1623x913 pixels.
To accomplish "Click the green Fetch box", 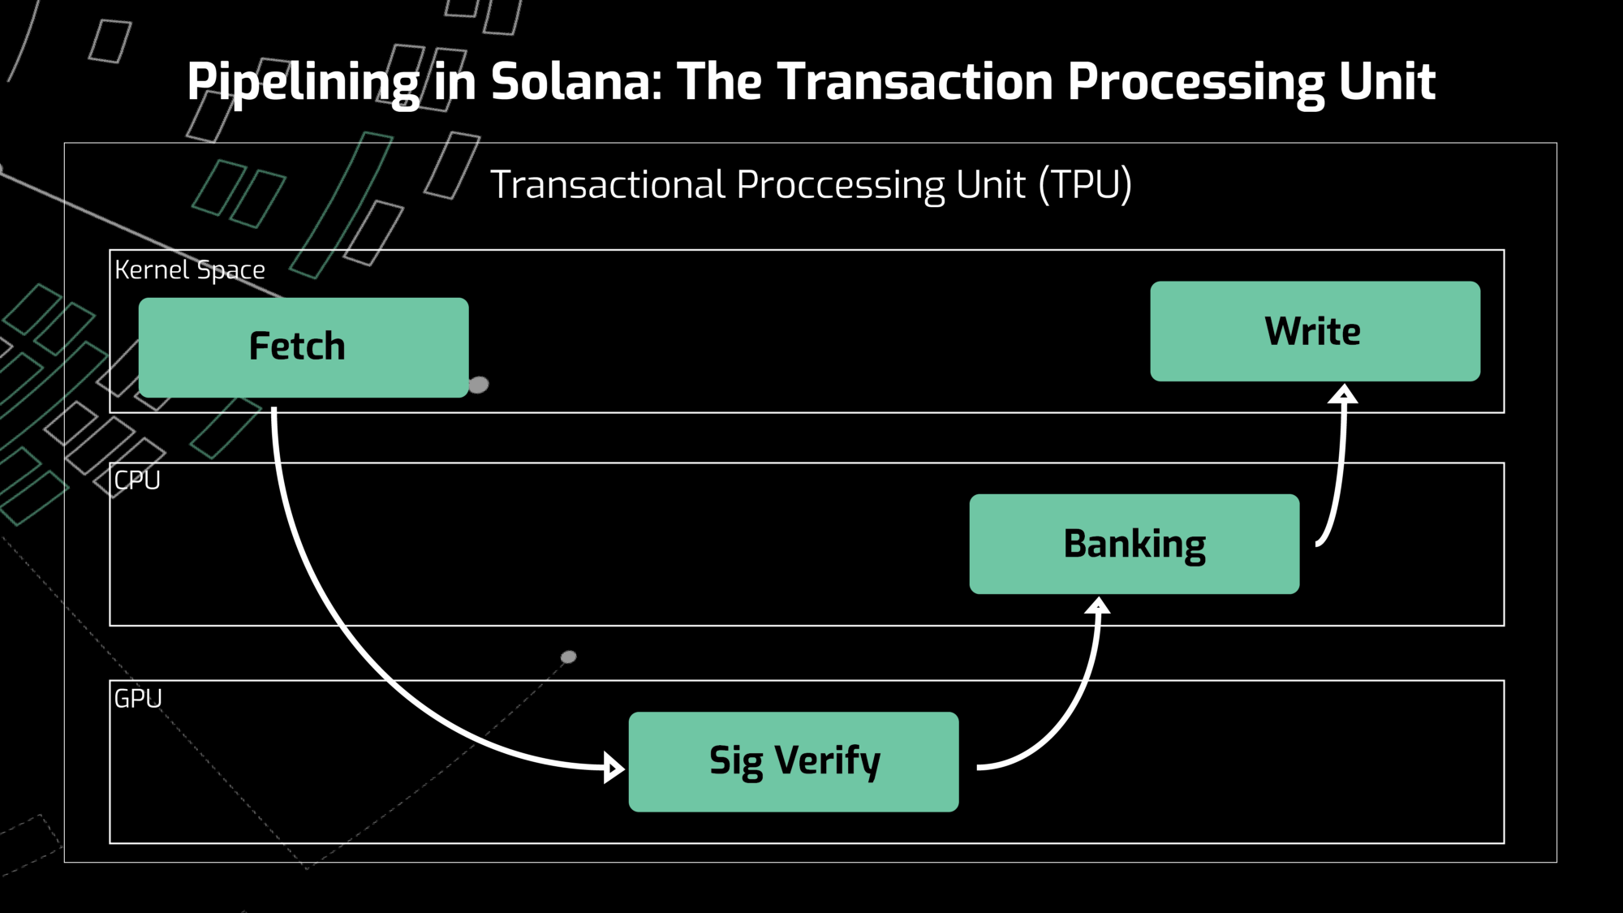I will [304, 347].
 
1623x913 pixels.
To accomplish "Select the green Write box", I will [1315, 331].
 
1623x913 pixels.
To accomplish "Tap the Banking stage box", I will [1134, 544].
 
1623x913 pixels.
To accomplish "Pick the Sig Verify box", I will [793, 761].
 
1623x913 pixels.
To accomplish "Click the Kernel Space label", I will [190, 269].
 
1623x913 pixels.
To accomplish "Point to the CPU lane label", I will [137, 480].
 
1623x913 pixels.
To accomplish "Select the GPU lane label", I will [138, 699].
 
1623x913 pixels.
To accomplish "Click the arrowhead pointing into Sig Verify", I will [614, 767].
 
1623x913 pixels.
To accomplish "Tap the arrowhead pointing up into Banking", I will [1097, 605].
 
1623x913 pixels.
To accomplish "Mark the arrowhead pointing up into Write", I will [1343, 394].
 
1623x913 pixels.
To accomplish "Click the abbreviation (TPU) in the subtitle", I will [1085, 185].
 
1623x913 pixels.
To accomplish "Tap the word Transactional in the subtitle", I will [608, 185].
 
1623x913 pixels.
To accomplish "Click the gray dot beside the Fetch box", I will [479, 385].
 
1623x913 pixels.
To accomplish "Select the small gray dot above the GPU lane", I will [569, 657].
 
